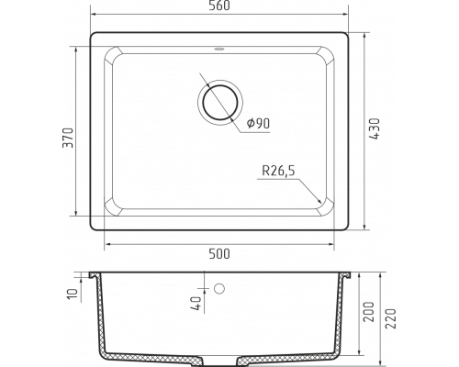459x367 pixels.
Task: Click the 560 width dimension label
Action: [219, 6]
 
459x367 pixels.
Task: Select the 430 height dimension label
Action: [375, 129]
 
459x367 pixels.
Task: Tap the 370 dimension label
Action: [68, 138]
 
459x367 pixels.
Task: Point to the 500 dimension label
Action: [219, 253]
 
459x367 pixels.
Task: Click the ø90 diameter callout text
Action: [258, 123]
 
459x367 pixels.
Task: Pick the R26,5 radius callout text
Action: [278, 171]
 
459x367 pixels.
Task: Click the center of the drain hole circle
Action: [220, 102]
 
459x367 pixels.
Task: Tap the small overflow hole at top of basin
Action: [219, 49]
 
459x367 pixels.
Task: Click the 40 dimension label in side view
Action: [196, 304]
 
